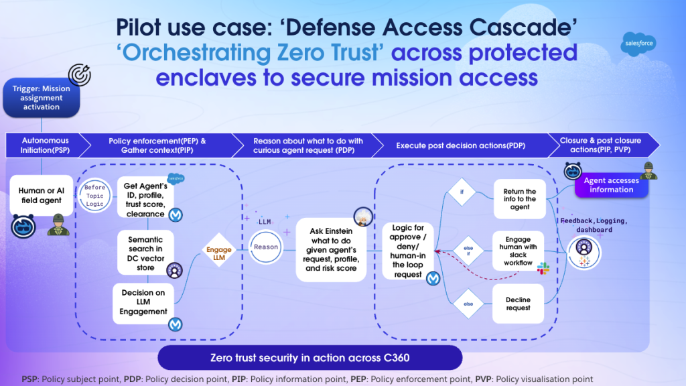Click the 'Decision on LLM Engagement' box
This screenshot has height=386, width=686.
click(144, 302)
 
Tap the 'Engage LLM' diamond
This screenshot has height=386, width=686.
click(219, 254)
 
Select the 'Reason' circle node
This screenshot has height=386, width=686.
click(266, 247)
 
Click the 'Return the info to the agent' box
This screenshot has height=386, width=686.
click(520, 198)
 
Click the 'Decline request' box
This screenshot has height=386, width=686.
click(519, 304)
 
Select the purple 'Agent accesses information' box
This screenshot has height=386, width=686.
click(611, 185)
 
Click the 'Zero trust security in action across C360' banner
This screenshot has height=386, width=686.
click(310, 357)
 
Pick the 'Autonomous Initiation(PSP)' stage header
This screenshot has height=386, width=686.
click(46, 145)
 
